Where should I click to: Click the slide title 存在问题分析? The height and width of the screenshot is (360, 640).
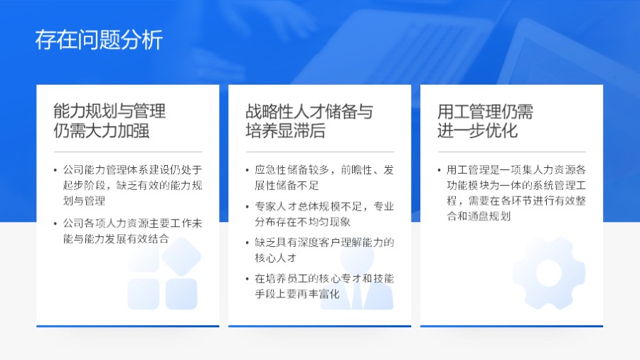(99, 40)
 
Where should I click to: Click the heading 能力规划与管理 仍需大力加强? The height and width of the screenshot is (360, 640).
(110, 121)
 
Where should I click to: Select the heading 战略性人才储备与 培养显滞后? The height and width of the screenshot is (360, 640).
(309, 121)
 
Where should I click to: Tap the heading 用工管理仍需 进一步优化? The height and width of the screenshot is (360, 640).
(485, 121)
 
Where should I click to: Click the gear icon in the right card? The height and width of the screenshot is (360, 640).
(548, 272)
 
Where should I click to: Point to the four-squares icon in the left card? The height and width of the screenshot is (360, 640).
(163, 274)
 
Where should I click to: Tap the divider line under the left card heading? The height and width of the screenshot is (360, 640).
(128, 152)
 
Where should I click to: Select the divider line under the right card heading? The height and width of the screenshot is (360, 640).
(511, 152)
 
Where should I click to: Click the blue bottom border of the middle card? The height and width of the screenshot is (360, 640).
(319, 326)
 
